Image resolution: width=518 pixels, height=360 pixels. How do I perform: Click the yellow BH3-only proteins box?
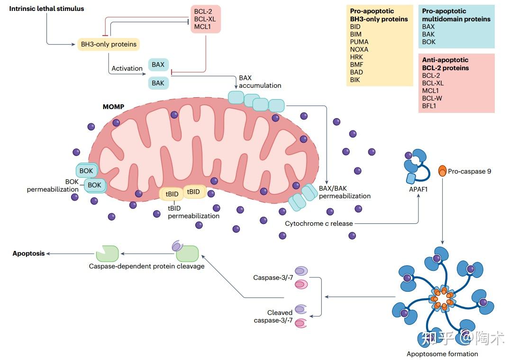click(x=109, y=44)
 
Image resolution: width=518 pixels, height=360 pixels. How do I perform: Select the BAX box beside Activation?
click(x=158, y=65)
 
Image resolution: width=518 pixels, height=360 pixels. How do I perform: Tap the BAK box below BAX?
click(x=158, y=83)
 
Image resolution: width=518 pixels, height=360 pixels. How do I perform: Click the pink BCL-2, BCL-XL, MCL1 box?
click(x=205, y=19)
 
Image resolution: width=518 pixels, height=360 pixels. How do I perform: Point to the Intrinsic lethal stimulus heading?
click(x=46, y=9)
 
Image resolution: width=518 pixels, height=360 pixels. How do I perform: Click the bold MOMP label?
click(x=113, y=107)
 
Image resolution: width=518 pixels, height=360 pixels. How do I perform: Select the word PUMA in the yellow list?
click(x=359, y=42)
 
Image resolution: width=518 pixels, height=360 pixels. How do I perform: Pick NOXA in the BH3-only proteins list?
click(x=359, y=50)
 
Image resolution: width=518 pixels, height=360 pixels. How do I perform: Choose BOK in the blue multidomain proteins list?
click(x=429, y=42)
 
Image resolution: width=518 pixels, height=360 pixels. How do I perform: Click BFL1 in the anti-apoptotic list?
click(x=429, y=106)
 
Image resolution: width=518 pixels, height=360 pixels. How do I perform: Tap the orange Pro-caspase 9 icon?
click(x=442, y=171)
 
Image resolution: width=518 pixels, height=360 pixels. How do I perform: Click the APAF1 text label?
click(x=418, y=189)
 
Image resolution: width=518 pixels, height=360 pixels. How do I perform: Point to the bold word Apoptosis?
click(x=28, y=254)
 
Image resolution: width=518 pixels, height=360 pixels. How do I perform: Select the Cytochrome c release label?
click(x=319, y=223)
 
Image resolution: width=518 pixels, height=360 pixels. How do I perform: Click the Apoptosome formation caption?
click(x=442, y=354)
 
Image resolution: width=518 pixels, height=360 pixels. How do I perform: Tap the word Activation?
click(x=127, y=68)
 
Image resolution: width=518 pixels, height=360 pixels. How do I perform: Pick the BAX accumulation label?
click(x=260, y=82)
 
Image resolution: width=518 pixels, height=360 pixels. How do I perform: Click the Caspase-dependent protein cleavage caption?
click(x=146, y=266)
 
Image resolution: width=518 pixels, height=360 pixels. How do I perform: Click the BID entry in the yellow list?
click(x=355, y=27)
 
